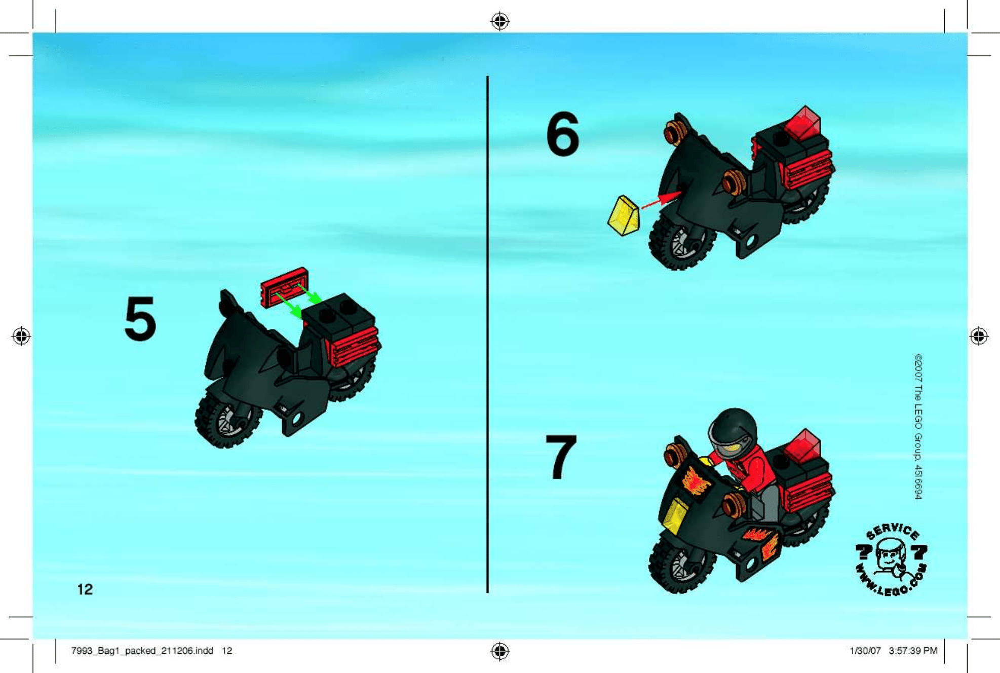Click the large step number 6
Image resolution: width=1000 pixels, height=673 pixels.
coord(562,134)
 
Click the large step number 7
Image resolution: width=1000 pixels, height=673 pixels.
coord(561,456)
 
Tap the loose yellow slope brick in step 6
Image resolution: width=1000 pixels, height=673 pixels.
coord(624,216)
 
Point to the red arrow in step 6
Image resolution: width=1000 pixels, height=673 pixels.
coord(661,200)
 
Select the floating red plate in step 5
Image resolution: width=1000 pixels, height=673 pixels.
coord(284,287)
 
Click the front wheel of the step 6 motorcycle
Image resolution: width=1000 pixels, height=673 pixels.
coord(679,244)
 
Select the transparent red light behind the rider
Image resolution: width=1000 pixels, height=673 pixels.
coord(803,446)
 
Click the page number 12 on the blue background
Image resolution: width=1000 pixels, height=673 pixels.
coord(85,589)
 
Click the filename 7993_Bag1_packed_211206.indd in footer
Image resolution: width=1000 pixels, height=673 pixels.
coord(142,651)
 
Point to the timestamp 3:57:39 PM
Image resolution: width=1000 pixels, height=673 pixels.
coord(913,651)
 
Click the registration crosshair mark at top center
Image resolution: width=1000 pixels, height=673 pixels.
coord(500,21)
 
